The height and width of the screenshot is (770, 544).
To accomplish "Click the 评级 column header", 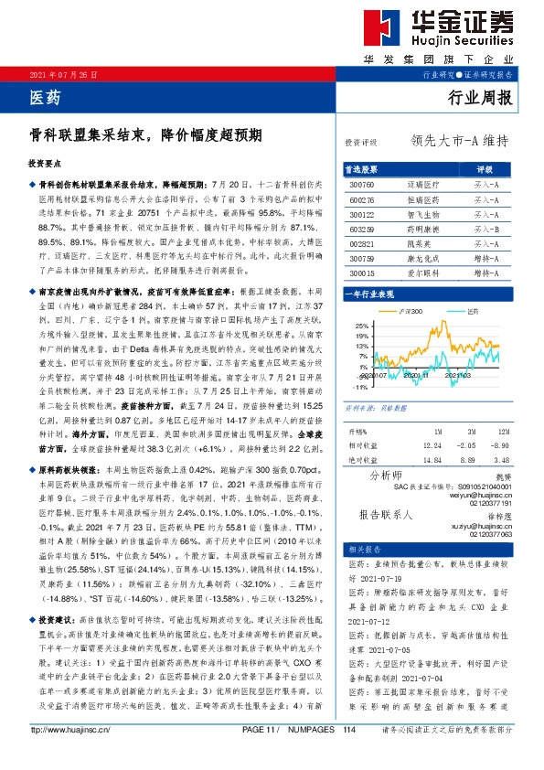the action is click(485, 170).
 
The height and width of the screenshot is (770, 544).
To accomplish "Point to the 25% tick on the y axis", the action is click(361, 326).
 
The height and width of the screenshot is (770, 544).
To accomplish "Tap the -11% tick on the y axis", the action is click(360, 387).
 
